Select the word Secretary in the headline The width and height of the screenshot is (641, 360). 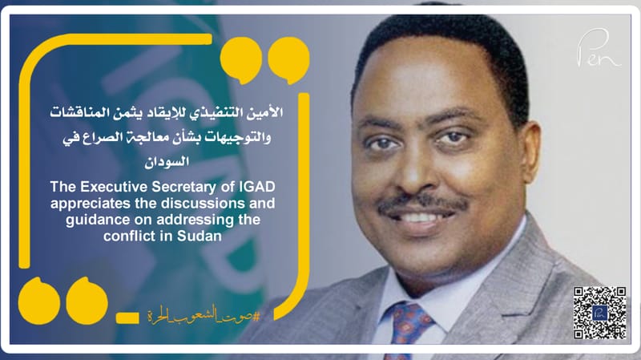point(187,187)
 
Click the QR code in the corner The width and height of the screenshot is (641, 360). point(599,311)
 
